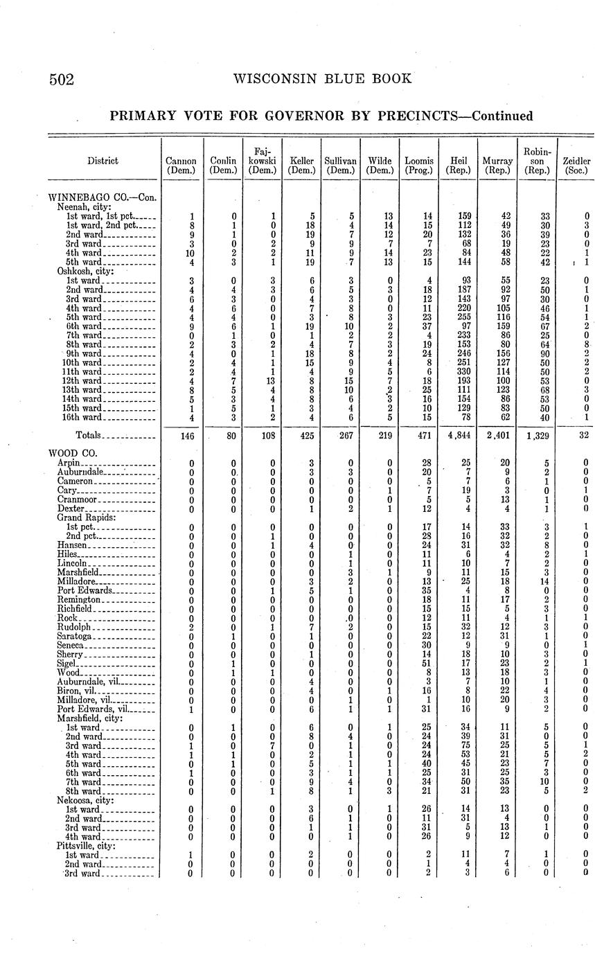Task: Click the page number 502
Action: click(x=62, y=79)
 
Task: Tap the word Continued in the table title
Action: click(x=496, y=116)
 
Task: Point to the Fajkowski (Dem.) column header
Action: click(x=262, y=160)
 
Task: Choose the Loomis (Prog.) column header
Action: click(x=419, y=165)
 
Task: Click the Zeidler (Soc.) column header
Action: click(x=577, y=165)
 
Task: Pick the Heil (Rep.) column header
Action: click(x=459, y=165)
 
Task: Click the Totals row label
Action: click(x=88, y=435)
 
